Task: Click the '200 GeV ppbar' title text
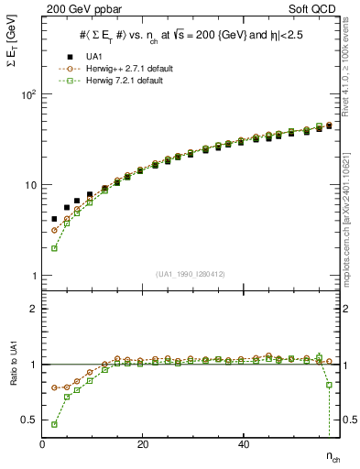79,8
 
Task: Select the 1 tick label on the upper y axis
32,275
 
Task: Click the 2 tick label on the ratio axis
32,309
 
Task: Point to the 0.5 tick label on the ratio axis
27,420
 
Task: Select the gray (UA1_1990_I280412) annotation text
191,275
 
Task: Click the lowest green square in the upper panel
55,248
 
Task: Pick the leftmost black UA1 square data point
55,219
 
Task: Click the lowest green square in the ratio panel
55,424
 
